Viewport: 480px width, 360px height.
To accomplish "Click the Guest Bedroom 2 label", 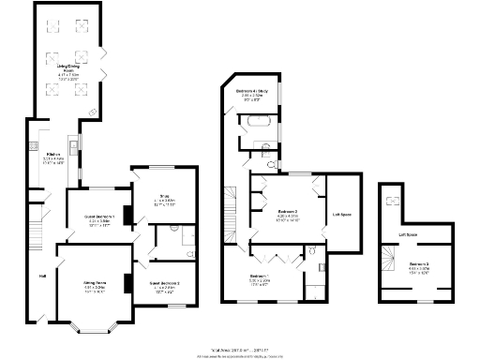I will (x=164, y=282).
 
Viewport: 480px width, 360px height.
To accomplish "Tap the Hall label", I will (x=42, y=276).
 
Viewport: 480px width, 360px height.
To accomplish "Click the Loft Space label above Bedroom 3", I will (x=408, y=234).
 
